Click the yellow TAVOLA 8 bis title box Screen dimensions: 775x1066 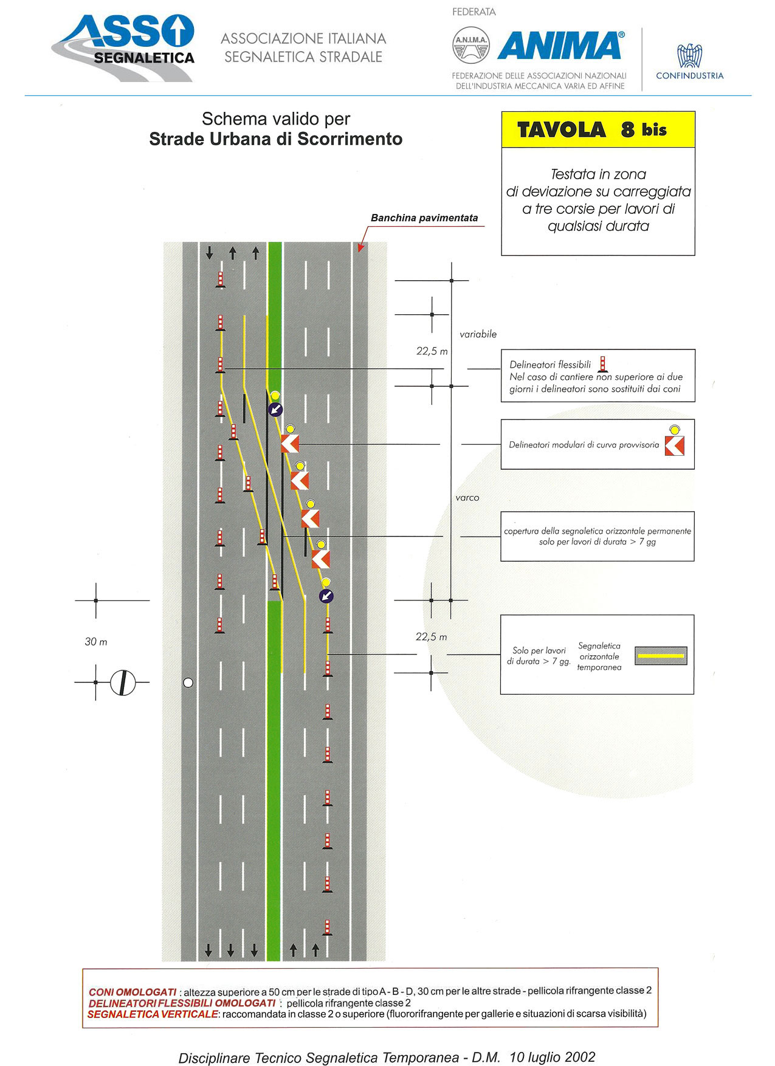(598, 129)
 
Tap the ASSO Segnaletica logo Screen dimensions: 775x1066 (123, 48)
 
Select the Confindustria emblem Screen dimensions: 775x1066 (689, 56)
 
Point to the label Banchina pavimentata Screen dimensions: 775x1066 (424, 218)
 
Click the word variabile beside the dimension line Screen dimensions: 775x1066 (478, 334)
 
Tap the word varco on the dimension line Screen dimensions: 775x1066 (467, 498)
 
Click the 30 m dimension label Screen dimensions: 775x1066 (96, 642)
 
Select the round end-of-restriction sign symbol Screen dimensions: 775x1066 (123, 683)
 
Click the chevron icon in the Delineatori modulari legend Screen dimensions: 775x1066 (674, 445)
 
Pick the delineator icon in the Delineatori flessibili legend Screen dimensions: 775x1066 (602, 364)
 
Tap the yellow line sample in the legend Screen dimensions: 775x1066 (661, 656)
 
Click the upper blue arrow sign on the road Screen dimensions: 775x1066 (275, 409)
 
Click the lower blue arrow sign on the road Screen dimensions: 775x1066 (326, 596)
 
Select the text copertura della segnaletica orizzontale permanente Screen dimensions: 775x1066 (598, 531)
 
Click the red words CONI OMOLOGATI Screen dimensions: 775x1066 (133, 992)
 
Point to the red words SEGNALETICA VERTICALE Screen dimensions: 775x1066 (153, 1014)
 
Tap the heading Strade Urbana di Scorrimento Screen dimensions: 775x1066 (276, 139)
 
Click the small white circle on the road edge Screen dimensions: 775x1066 (188, 683)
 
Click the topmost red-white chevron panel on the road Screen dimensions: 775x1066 (290, 444)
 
